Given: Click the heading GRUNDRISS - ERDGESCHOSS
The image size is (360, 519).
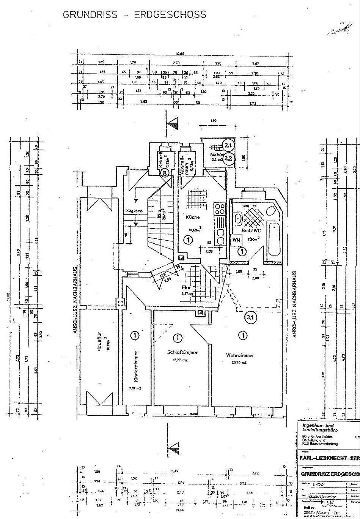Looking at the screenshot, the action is (134, 15).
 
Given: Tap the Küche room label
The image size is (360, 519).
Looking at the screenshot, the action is (192, 218).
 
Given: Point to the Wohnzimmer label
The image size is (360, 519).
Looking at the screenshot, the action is (240, 355).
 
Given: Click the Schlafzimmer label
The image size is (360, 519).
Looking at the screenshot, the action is (182, 352).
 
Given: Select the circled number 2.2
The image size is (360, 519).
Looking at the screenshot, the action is (228, 158).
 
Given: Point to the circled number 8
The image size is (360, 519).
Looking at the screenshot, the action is (164, 173).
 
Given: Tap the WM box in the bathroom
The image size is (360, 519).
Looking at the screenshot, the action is (236, 240).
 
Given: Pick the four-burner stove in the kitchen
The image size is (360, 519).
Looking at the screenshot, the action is (220, 209).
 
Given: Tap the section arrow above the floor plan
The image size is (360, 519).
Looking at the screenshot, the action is (173, 123).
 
